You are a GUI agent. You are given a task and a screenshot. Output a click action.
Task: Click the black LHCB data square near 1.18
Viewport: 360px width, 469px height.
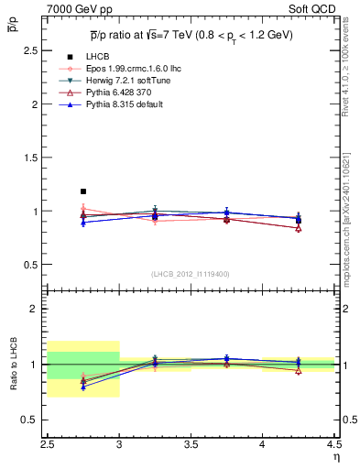(83, 191)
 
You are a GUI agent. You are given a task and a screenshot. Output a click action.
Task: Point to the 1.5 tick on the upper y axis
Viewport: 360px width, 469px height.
(33, 158)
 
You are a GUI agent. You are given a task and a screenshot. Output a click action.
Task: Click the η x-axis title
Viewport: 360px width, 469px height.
(335, 457)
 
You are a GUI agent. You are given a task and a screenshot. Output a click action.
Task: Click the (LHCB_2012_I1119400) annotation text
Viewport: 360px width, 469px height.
(191, 273)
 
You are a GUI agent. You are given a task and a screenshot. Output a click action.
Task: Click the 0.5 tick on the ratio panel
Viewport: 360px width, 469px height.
(33, 420)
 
